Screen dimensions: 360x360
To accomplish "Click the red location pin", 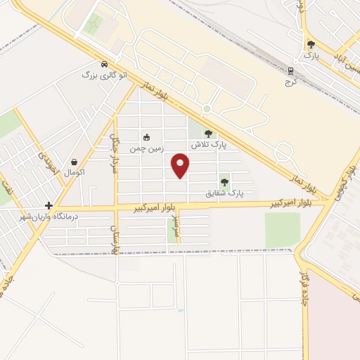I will pos(181,166).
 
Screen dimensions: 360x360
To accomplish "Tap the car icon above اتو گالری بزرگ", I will pos(104,63).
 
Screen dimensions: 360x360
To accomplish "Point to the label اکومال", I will pos(74,172).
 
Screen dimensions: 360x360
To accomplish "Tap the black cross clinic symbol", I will pos(49,205).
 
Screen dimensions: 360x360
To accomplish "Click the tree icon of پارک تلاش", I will pos(207,134).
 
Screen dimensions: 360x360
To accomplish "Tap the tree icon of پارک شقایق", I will pos(225,182).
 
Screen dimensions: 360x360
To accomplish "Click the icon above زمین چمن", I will pos(146,138).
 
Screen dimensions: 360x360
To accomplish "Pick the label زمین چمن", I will pos(146,148).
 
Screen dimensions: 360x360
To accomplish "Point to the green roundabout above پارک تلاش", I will pos(207,109).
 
